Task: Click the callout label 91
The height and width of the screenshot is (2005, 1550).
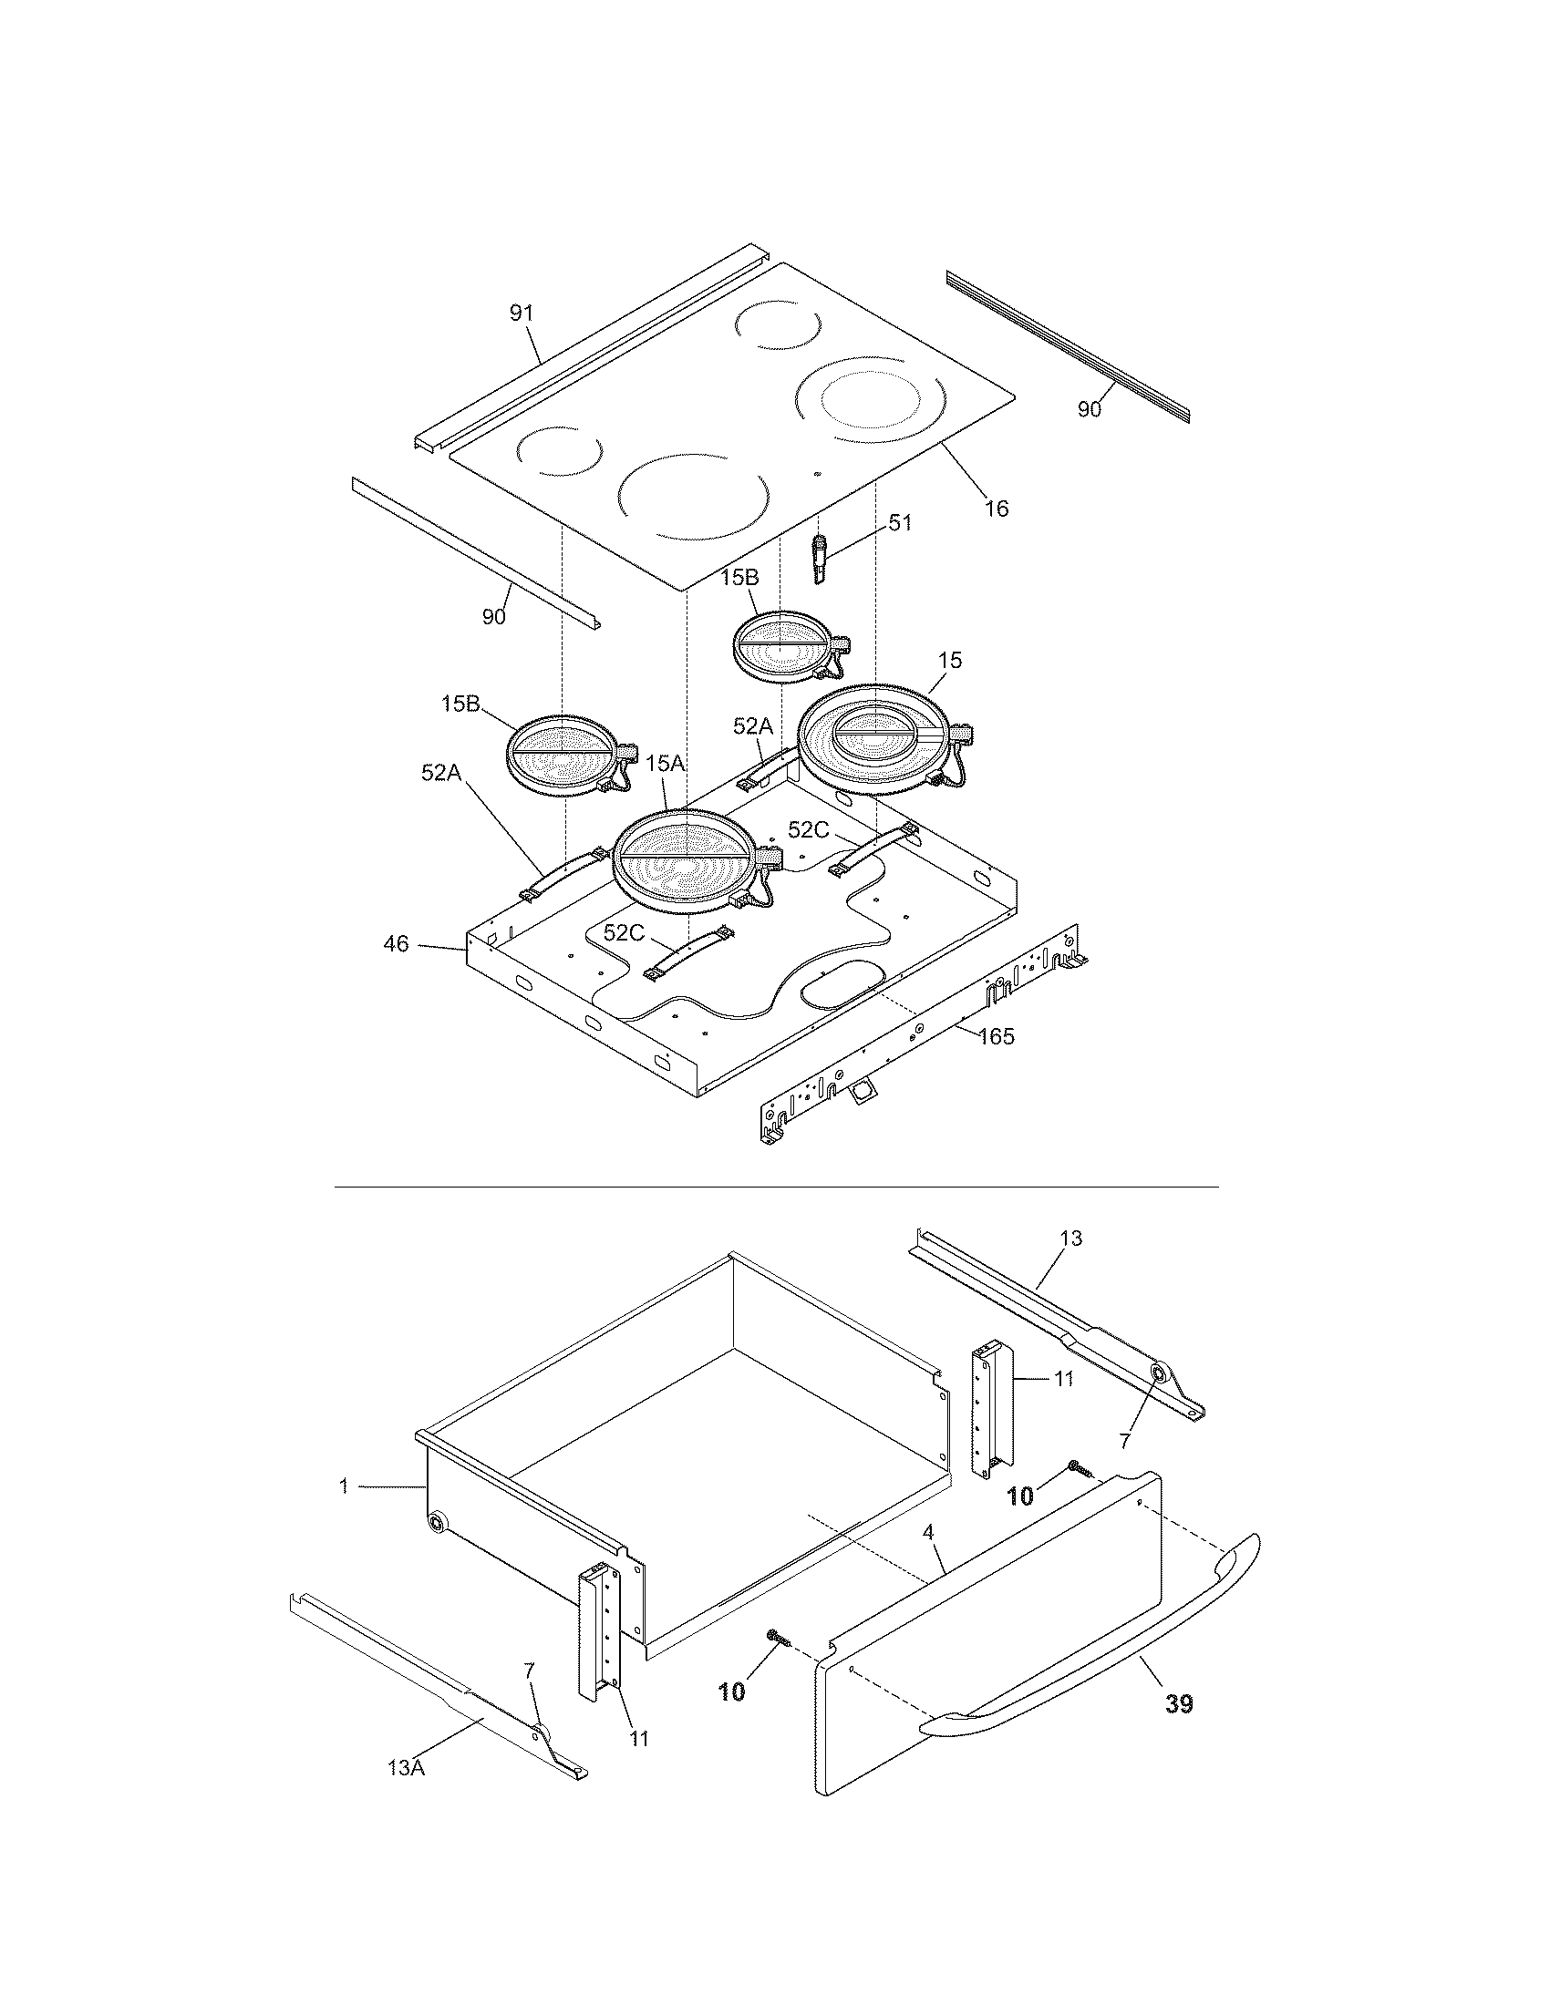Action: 521,313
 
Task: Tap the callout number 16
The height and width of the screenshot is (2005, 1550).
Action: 997,508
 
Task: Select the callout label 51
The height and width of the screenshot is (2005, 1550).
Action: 900,522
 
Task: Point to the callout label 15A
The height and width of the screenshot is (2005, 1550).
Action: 666,763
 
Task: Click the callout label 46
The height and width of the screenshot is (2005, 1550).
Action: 396,943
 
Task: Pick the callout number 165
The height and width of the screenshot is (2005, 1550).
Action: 996,1036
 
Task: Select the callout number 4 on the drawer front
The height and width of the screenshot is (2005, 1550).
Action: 928,1530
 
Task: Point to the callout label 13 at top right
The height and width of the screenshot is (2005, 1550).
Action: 1070,1238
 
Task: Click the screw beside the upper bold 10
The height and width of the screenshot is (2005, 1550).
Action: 1080,1468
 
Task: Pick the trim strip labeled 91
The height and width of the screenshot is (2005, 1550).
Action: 588,349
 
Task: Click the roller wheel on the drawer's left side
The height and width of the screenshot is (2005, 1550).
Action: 437,1523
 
